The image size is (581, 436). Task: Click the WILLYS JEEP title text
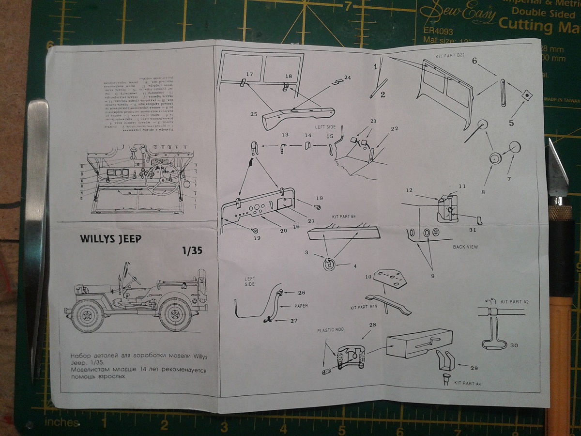111,240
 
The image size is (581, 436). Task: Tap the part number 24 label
347,78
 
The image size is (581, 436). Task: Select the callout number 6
474,61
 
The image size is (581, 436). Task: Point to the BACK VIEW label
465,247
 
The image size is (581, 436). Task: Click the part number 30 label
514,345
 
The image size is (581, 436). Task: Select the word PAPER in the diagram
301,306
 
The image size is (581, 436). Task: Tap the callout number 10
367,276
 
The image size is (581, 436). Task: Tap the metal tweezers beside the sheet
37,218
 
